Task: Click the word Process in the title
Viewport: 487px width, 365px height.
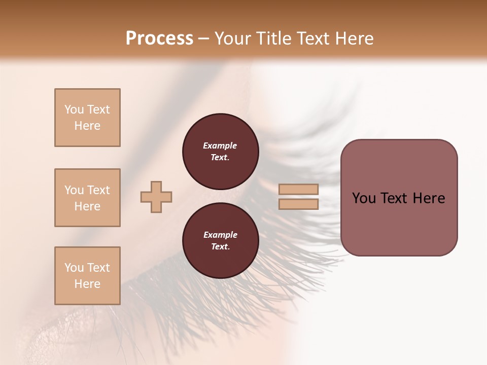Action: (x=159, y=39)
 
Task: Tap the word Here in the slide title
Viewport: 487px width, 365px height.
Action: (x=354, y=39)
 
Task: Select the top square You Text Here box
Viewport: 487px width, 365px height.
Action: (x=87, y=118)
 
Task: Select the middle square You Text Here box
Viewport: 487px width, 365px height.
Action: (x=87, y=198)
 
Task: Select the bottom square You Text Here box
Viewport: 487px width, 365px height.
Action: (x=87, y=276)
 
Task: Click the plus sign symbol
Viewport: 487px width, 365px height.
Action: (x=156, y=197)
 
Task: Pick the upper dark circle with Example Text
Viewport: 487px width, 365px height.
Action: (x=221, y=152)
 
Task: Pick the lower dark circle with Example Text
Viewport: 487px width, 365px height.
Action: (x=221, y=241)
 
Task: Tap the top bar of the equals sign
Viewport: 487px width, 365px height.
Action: (x=298, y=189)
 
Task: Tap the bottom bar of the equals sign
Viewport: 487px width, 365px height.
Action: (x=298, y=204)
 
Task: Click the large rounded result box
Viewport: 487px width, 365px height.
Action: (x=399, y=198)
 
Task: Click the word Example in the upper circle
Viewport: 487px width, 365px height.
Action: (x=220, y=145)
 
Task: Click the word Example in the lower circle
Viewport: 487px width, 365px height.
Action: (x=220, y=235)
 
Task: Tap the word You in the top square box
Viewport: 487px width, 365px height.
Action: (x=74, y=109)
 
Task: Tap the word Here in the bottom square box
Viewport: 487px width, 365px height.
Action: (x=87, y=284)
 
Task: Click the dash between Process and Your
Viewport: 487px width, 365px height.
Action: (x=204, y=39)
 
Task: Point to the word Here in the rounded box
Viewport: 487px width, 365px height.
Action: (x=429, y=198)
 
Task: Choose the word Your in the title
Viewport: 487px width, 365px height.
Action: (x=234, y=39)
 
